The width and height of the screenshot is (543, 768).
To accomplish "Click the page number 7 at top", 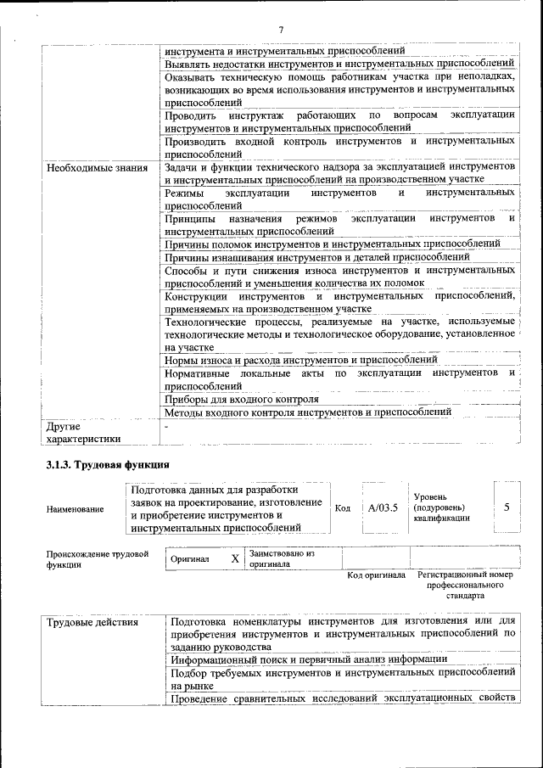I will (x=280, y=31).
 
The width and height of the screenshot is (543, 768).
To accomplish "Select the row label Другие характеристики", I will (x=83, y=432).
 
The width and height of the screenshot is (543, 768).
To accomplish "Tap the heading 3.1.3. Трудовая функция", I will (x=108, y=465).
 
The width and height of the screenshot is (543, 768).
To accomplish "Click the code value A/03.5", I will (x=383, y=507).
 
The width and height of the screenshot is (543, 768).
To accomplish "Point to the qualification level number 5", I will (x=507, y=507).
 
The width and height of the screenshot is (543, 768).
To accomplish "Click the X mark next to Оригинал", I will (x=235, y=559).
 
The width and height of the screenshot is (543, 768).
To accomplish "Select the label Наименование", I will (x=76, y=509).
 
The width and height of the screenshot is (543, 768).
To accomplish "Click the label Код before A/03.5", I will (x=343, y=508).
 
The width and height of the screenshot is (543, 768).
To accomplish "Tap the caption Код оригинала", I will (x=376, y=575).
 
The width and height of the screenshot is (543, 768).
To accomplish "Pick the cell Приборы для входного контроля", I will (x=242, y=398).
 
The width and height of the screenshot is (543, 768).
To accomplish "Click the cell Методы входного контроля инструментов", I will (x=307, y=412).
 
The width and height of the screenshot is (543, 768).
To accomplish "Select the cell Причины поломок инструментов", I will (x=332, y=244).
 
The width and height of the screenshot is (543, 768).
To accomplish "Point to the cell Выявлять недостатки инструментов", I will (x=339, y=64).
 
